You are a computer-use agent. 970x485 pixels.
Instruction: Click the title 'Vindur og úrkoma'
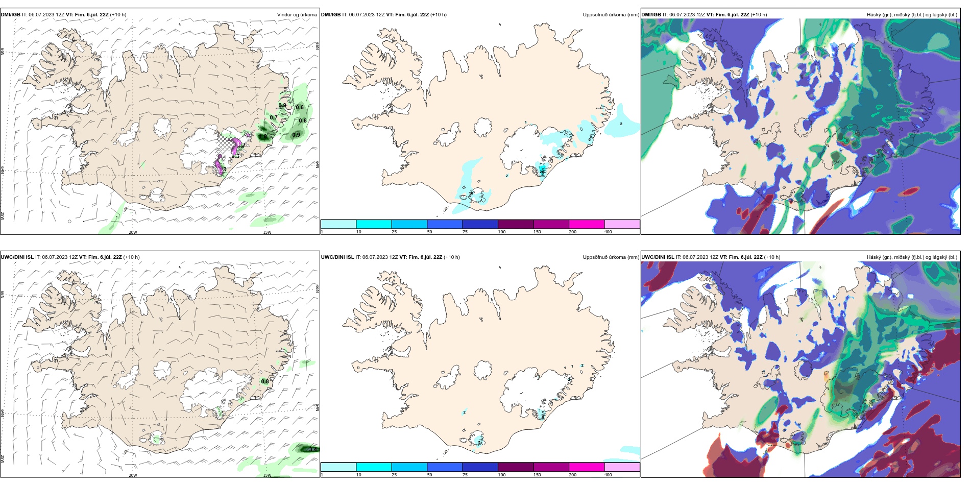[x=297, y=15]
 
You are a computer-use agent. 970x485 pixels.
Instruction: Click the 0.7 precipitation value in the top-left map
[x=274, y=118]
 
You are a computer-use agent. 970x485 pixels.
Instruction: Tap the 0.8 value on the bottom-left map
[x=265, y=381]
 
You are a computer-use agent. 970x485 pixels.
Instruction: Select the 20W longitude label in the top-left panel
[x=133, y=232]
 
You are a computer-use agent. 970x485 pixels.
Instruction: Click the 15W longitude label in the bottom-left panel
[x=266, y=475]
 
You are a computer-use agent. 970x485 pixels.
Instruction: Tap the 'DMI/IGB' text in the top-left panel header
[x=11, y=15]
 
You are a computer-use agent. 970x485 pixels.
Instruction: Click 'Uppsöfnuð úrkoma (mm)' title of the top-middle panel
[x=611, y=15]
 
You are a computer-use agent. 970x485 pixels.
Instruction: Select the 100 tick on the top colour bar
[x=502, y=232]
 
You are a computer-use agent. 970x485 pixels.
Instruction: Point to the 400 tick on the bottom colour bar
[x=608, y=475]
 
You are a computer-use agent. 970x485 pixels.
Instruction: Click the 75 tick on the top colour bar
[x=465, y=232]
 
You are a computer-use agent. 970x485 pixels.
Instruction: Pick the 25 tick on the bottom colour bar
[x=394, y=475]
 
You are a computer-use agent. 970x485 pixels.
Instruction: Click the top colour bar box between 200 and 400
[x=622, y=224]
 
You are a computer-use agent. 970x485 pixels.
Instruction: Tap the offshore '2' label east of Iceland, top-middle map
[x=621, y=124]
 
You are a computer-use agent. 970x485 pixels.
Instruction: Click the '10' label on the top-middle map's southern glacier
[x=470, y=193]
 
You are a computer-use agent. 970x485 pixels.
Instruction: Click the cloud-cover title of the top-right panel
[x=912, y=15]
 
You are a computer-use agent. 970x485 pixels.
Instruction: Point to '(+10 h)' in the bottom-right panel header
[x=772, y=257]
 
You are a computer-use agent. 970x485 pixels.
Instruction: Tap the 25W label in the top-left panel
[x=3, y=215]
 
